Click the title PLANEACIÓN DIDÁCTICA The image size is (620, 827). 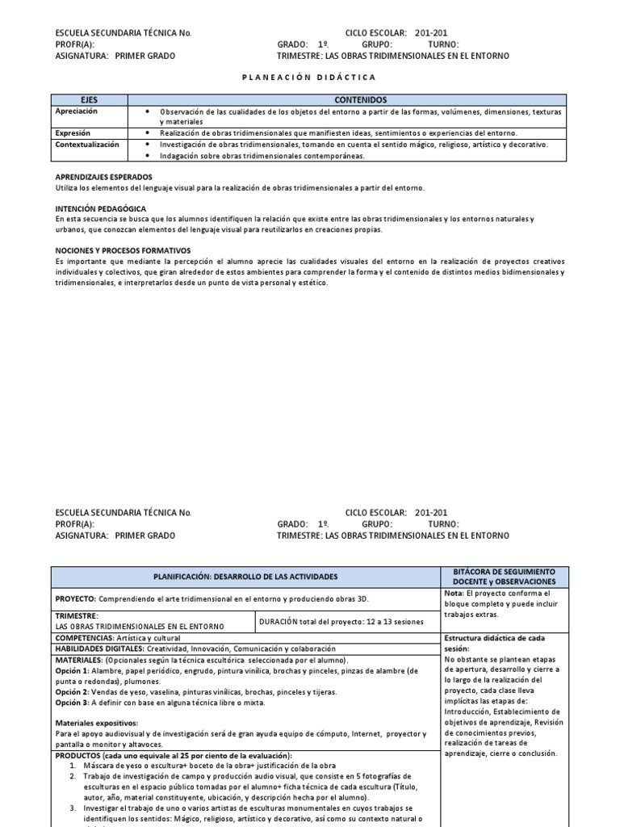click(x=309, y=77)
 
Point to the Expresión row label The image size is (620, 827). click(x=73, y=132)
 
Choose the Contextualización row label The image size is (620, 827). click(x=86, y=145)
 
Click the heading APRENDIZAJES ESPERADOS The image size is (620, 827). click(x=101, y=177)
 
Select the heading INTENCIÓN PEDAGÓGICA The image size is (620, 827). click(x=100, y=208)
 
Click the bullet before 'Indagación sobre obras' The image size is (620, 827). click(x=146, y=156)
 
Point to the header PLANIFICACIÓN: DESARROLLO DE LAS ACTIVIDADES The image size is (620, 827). click(x=246, y=577)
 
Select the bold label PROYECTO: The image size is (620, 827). click(x=75, y=598)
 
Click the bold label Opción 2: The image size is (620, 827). click(x=72, y=691)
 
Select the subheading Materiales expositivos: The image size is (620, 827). click(x=96, y=723)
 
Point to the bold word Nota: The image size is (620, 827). click(x=455, y=593)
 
